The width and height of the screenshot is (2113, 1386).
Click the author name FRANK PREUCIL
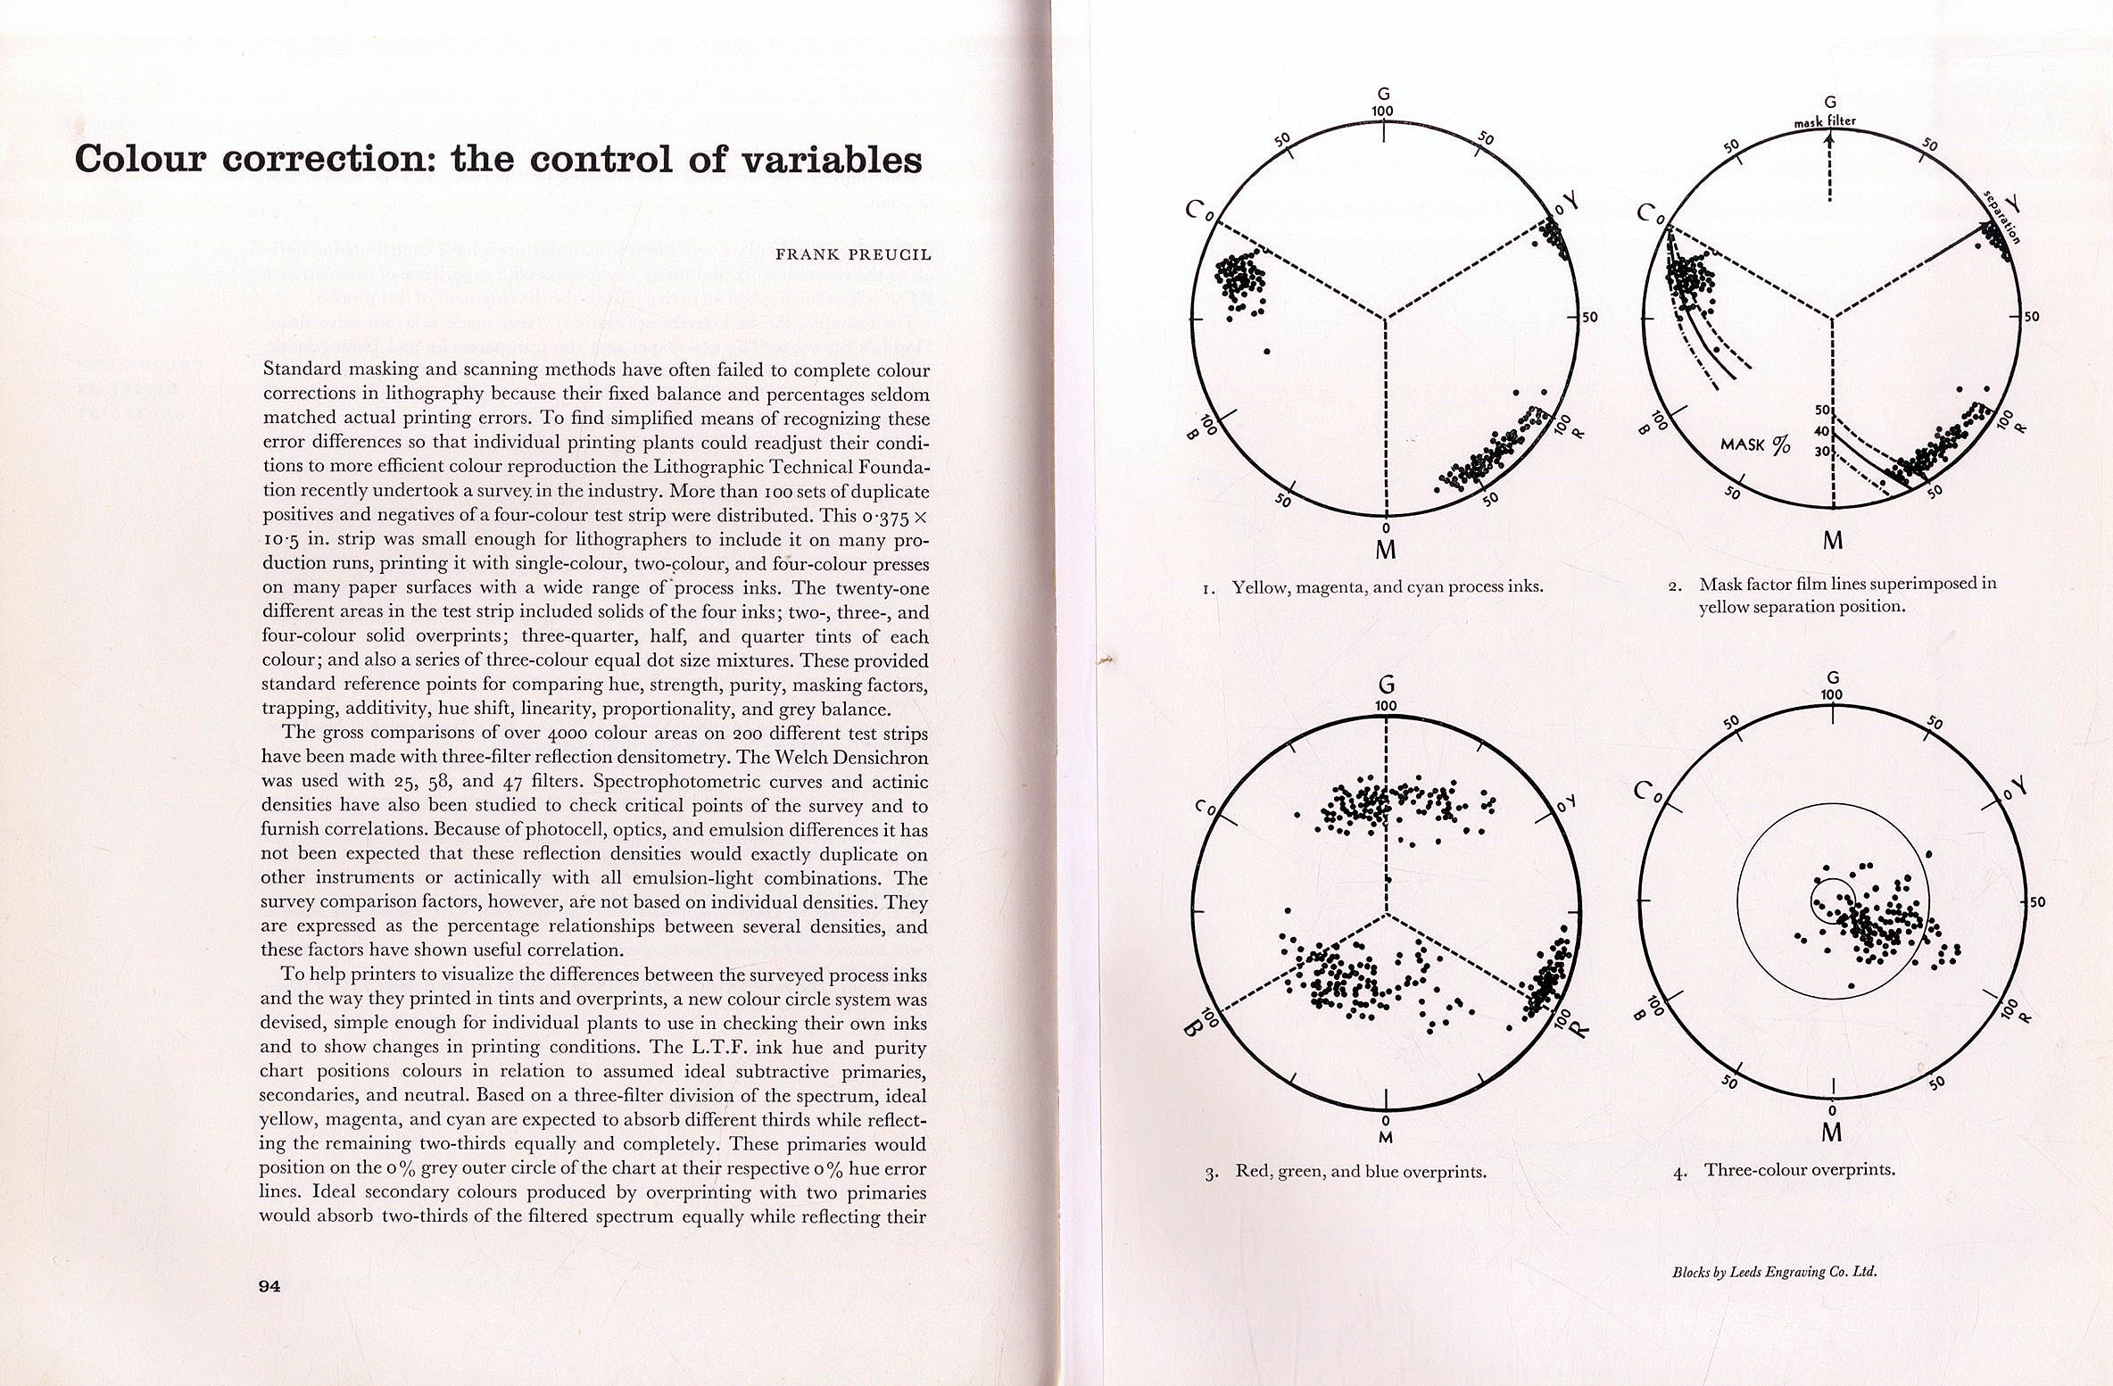pyautogui.click(x=852, y=254)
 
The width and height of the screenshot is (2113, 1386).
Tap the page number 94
pyautogui.click(x=269, y=1285)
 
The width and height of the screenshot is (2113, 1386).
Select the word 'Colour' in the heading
pyautogui.click(x=140, y=159)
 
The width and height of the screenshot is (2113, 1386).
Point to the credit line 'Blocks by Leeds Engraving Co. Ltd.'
pyautogui.click(x=1774, y=1272)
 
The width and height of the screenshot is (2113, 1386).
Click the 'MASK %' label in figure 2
pyautogui.click(x=1754, y=444)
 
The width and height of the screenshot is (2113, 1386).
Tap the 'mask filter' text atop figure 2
pyautogui.click(x=1825, y=121)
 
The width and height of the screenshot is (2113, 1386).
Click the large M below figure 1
pyautogui.click(x=1385, y=550)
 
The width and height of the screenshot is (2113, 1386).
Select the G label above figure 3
pyautogui.click(x=1386, y=685)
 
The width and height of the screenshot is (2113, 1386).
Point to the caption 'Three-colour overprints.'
pyautogui.click(x=1799, y=1169)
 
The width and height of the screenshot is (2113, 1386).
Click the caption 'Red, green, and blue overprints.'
pyautogui.click(x=1360, y=1171)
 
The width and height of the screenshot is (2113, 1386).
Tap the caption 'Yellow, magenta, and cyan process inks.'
pyautogui.click(x=1387, y=586)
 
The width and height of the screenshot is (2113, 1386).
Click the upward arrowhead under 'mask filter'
pyautogui.click(x=1829, y=138)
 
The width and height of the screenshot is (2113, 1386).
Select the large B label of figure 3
pyautogui.click(x=1192, y=1029)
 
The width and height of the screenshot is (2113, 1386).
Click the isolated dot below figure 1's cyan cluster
pyautogui.click(x=1267, y=352)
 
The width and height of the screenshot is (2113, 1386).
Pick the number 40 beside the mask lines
pyautogui.click(x=1821, y=431)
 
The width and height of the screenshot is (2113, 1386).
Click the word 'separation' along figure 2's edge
pyautogui.click(x=2001, y=217)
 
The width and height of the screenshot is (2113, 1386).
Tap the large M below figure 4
pyautogui.click(x=1831, y=1133)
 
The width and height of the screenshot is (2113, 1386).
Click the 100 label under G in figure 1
pyautogui.click(x=1382, y=112)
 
